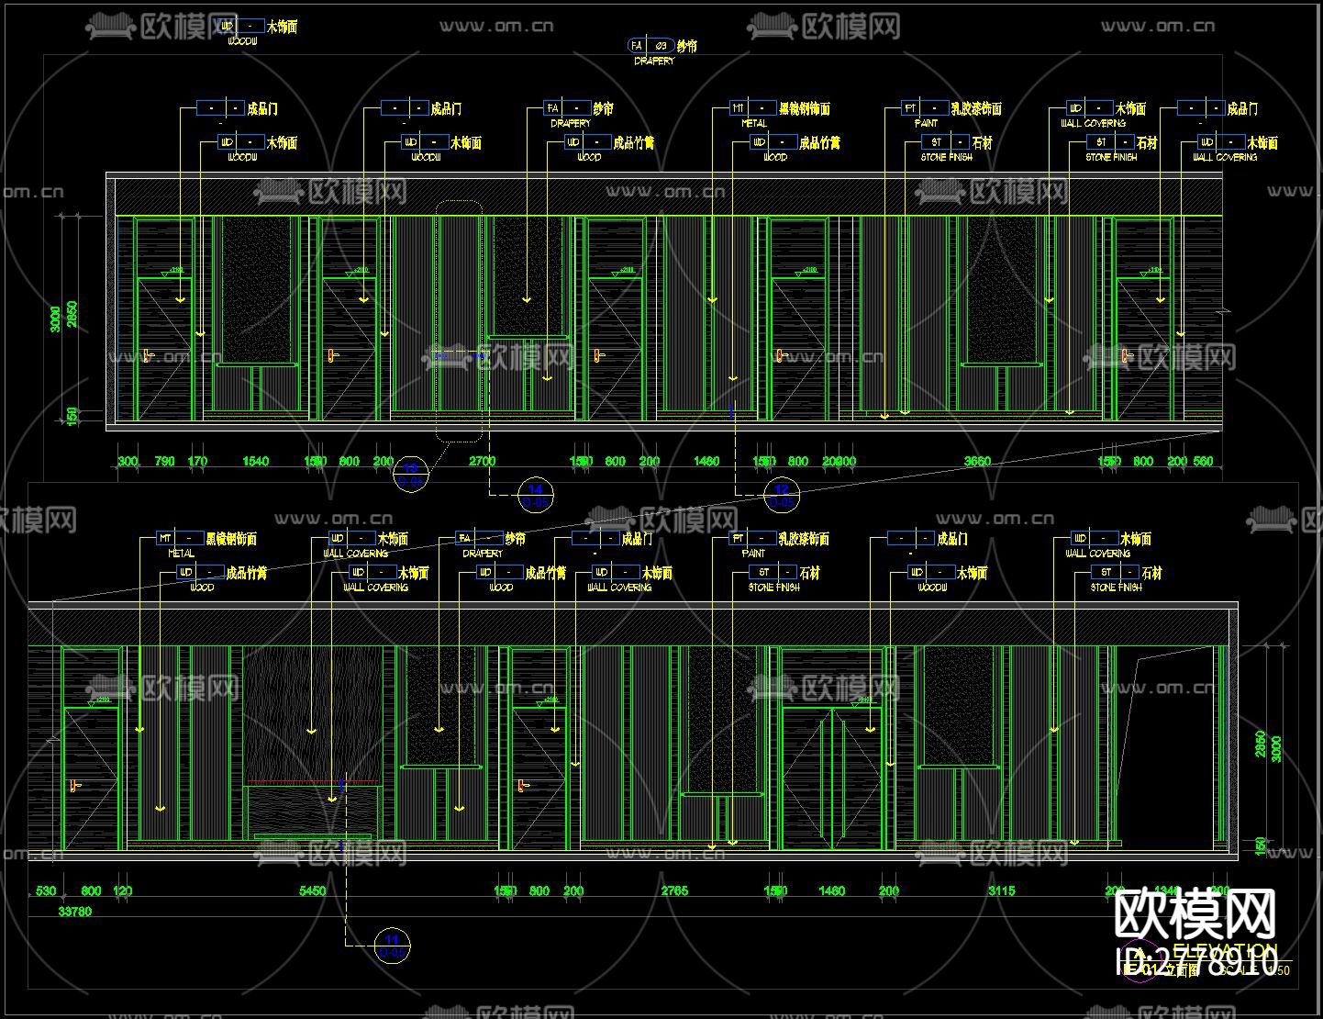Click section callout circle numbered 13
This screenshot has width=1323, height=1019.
pyautogui.click(x=411, y=473)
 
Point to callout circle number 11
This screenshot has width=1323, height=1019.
pyautogui.click(x=393, y=945)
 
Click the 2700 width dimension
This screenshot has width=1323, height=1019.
pyautogui.click(x=482, y=461)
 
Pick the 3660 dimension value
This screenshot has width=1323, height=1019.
pyautogui.click(x=977, y=461)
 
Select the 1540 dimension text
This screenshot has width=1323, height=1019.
pyautogui.click(x=255, y=461)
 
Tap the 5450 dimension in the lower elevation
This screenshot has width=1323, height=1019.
pyautogui.click(x=313, y=890)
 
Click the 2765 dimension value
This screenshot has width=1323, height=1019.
pyautogui.click(x=674, y=890)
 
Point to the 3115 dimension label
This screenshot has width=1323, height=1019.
pyautogui.click(x=1001, y=890)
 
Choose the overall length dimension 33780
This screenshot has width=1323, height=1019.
pyautogui.click(x=74, y=912)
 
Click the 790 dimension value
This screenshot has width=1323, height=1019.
pyautogui.click(x=164, y=461)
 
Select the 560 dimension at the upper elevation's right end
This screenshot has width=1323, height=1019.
pyautogui.click(x=1203, y=461)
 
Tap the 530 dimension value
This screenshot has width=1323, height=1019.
pyautogui.click(x=45, y=890)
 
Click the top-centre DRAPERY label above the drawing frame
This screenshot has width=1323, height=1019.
pyautogui.click(x=654, y=61)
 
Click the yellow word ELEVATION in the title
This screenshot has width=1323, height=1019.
pyautogui.click(x=1225, y=949)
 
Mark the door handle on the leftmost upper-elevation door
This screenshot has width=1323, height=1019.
pyautogui.click(x=147, y=355)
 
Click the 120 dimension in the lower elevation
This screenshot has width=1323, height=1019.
pyautogui.click(x=122, y=890)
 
